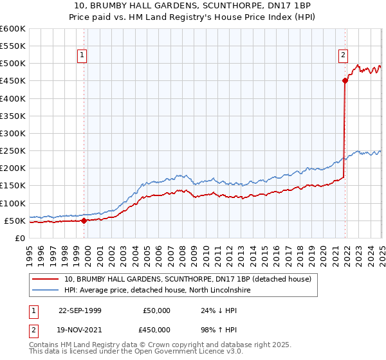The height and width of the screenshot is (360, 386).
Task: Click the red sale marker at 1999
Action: pos(84,221)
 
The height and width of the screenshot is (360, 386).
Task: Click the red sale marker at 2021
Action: pos(345,80)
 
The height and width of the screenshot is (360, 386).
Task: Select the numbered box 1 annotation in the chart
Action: pos(83,56)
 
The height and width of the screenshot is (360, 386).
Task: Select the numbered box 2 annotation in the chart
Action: pos(344,56)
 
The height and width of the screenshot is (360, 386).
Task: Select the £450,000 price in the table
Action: pos(157,332)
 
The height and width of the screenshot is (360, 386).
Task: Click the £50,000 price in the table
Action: pos(157,310)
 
